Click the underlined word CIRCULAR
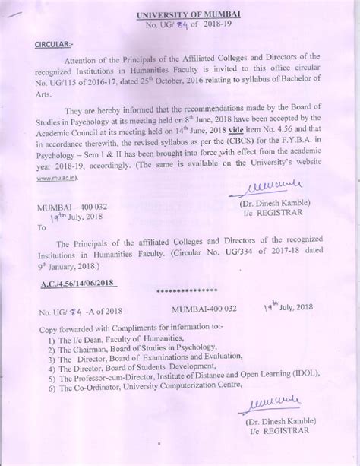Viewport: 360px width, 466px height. (x=55, y=44)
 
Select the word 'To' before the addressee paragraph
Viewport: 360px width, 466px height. (x=42, y=227)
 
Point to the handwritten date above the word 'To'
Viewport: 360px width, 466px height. (x=59, y=216)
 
